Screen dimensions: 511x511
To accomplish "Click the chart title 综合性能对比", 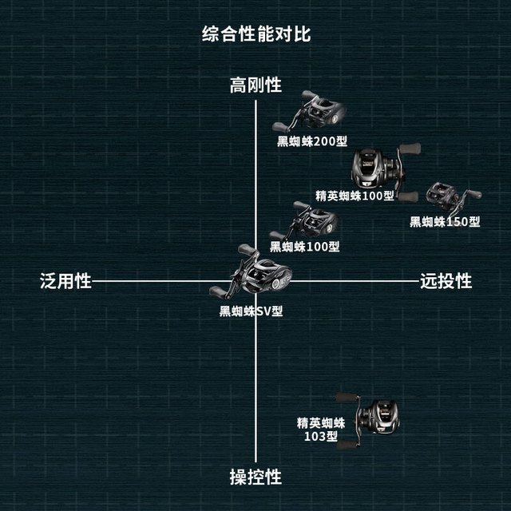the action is pyautogui.click(x=256, y=34).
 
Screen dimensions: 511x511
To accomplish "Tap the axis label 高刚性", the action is pyautogui.click(x=255, y=85).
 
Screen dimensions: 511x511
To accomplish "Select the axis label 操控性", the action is pyautogui.click(x=255, y=477).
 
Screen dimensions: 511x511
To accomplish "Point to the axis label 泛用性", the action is pyautogui.click(x=65, y=281).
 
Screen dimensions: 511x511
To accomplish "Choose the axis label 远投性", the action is pyautogui.click(x=446, y=281).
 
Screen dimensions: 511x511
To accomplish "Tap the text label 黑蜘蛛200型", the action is pyautogui.click(x=312, y=141).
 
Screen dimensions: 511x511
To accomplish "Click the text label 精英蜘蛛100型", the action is pyautogui.click(x=355, y=196).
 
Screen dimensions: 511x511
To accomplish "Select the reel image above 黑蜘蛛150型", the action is pyautogui.click(x=454, y=196).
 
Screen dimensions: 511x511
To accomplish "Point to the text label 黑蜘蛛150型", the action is pyautogui.click(x=445, y=222).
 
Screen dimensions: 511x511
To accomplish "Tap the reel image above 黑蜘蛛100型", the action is pyautogui.click(x=304, y=221).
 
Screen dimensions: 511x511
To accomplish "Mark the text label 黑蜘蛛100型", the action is pyautogui.click(x=304, y=247).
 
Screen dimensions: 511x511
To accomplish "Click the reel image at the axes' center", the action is pyautogui.click(x=250, y=272).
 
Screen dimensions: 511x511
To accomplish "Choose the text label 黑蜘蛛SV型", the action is pyautogui.click(x=251, y=311).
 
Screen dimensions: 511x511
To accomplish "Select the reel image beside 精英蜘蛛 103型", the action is pyautogui.click(x=368, y=421).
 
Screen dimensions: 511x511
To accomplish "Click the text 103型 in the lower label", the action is pyautogui.click(x=321, y=436).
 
